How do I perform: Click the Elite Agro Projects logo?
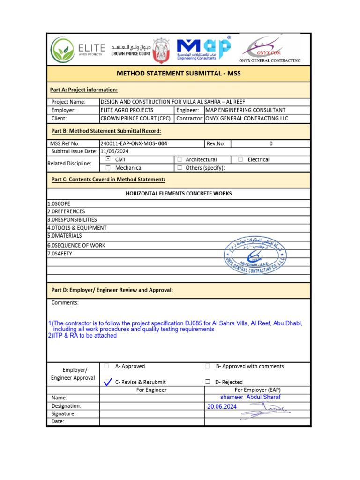point(77,49)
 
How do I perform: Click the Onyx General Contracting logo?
point(270,49)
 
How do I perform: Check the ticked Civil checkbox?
point(108,159)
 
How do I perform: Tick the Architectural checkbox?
point(180,159)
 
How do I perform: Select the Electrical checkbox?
point(240,159)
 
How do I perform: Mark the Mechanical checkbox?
point(108,167)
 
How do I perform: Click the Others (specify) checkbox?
point(180,167)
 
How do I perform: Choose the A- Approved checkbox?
point(107,366)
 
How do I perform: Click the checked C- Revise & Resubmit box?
point(107,382)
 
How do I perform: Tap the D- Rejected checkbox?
point(207,382)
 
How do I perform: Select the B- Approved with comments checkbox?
point(207,366)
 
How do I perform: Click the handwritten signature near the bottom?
point(265,412)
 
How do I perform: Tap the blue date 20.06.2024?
point(222,407)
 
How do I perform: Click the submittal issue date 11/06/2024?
point(115,151)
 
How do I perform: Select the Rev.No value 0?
point(271,143)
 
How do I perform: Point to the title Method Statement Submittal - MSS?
point(179,74)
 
